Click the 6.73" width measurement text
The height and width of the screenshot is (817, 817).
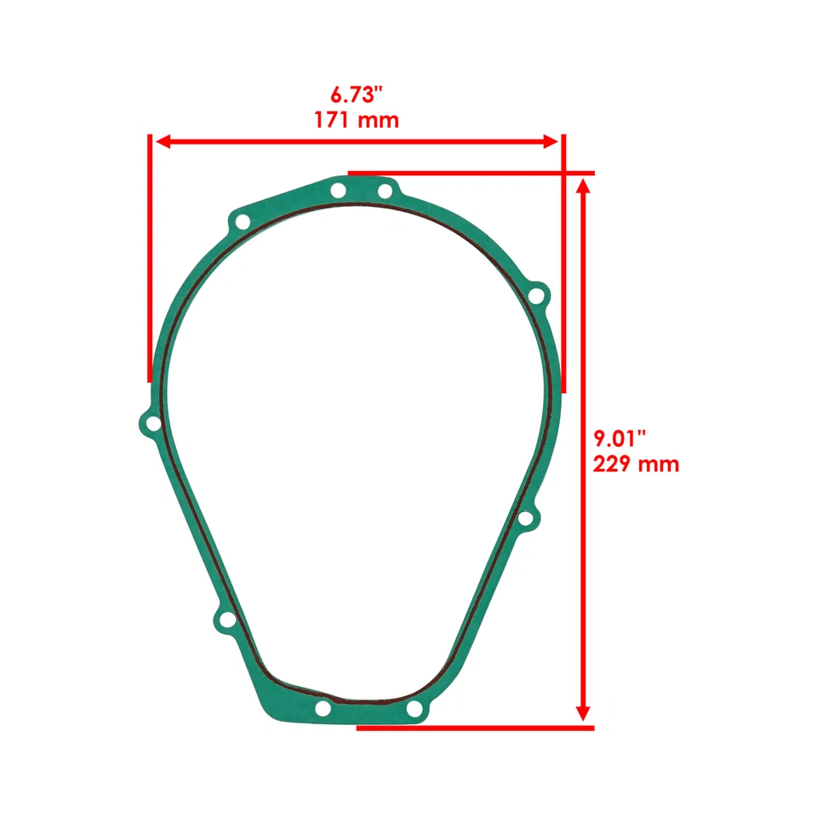coord(356,93)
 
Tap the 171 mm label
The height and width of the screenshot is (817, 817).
coord(356,119)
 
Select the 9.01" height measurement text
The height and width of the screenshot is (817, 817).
coord(620,438)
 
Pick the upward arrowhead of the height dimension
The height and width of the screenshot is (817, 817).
coord(583,186)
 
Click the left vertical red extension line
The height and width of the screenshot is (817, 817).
coord(151,255)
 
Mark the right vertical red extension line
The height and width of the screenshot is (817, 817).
coord(562,255)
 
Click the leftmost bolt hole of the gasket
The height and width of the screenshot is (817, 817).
coord(152,423)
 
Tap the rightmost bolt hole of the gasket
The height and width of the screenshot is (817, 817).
coord(536,296)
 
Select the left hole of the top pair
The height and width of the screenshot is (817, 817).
coord(338,190)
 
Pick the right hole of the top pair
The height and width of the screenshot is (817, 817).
coord(385,191)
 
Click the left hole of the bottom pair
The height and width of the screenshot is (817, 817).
coord(323,708)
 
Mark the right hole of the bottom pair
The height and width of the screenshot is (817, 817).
coord(414,708)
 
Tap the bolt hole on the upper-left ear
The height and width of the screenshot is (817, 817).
coord(242,223)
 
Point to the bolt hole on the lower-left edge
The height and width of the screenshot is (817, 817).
coord(226,621)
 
